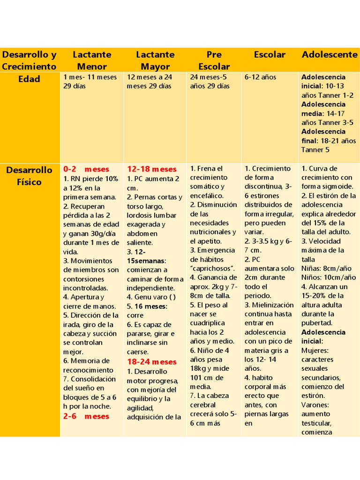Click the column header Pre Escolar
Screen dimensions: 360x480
click(214, 60)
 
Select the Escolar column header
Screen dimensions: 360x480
click(270, 54)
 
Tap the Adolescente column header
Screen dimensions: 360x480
click(330, 54)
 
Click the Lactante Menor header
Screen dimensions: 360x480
click(92, 60)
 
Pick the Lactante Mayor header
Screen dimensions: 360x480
click(155, 60)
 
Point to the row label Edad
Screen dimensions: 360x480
click(29, 79)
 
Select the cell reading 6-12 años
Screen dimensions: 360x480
click(260, 77)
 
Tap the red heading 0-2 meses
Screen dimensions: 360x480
click(86, 169)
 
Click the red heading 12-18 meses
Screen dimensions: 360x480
click(152, 169)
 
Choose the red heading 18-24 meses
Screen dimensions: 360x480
click(152, 361)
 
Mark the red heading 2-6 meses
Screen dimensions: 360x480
click(86, 416)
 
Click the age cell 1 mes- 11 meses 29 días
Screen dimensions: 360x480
click(90, 81)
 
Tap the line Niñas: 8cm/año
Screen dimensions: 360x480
click(326, 268)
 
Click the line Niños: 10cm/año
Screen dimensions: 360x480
click(328, 277)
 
